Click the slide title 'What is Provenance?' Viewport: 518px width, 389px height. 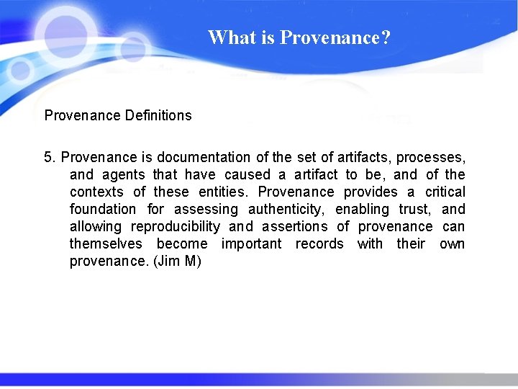click(x=299, y=37)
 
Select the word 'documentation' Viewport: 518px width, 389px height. click(x=204, y=157)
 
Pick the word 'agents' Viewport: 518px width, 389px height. click(x=124, y=174)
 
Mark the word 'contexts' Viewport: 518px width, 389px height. click(x=96, y=192)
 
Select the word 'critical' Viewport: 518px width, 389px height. click(x=445, y=192)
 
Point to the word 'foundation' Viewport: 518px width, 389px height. click(x=102, y=209)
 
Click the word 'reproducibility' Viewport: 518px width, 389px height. click(x=176, y=226)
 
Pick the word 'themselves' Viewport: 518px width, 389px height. click(x=106, y=243)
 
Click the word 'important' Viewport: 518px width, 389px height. click(x=251, y=243)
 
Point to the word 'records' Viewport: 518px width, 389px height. click(x=319, y=243)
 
